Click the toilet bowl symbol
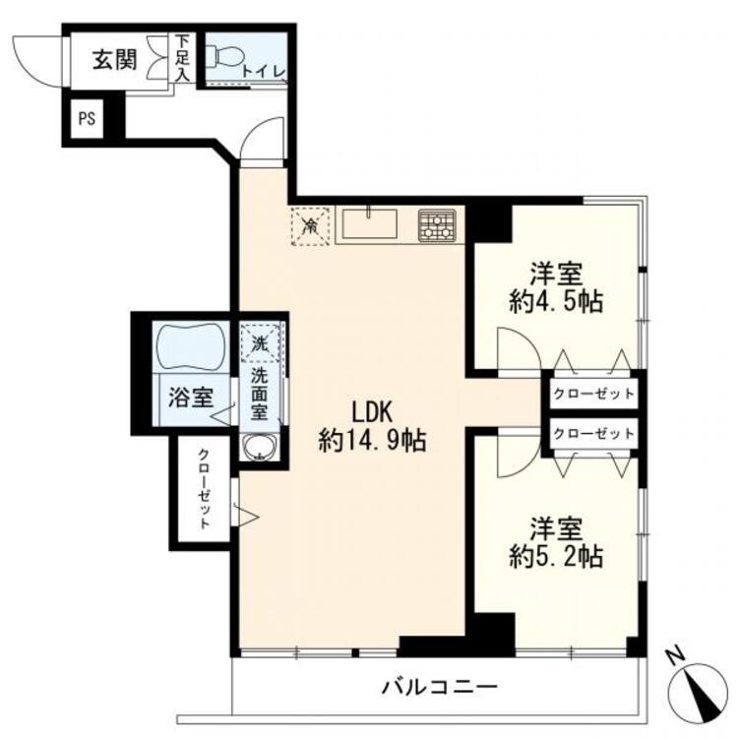click(x=224, y=57)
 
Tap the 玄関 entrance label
click(x=114, y=60)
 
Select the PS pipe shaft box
click(x=87, y=119)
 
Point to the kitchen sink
click(x=369, y=223)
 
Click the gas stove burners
click(x=437, y=225)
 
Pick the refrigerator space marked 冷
click(x=310, y=226)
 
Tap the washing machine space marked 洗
click(x=260, y=342)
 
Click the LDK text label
click(x=373, y=412)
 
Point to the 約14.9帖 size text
click(x=372, y=442)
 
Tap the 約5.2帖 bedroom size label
click(x=556, y=556)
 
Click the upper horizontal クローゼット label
click(x=593, y=394)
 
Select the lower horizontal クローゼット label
click(x=593, y=434)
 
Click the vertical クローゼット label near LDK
click(x=204, y=489)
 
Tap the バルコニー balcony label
click(x=439, y=687)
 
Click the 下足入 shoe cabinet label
click(x=182, y=58)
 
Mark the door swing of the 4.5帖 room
click(x=520, y=348)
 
